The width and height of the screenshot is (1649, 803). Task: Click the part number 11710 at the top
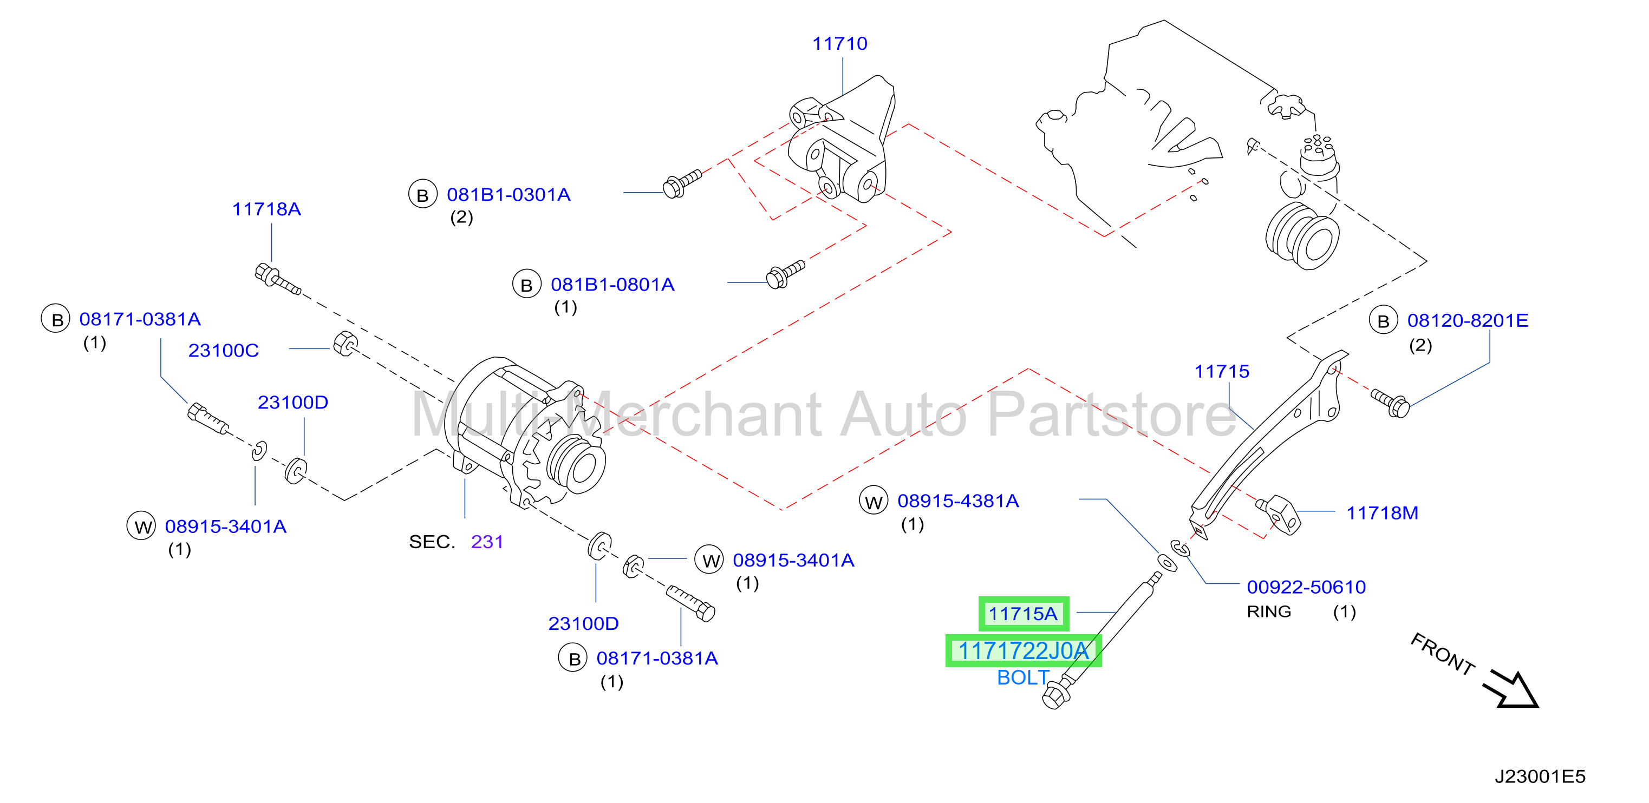click(x=839, y=43)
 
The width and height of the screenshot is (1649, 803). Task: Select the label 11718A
click(x=266, y=209)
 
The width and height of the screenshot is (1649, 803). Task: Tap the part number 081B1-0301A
click(x=509, y=194)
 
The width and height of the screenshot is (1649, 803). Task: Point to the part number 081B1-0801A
click(x=612, y=285)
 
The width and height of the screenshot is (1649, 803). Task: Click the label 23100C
click(x=224, y=351)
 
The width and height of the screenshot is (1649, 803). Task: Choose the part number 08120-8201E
click(x=1467, y=320)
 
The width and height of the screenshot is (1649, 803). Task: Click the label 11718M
click(x=1382, y=513)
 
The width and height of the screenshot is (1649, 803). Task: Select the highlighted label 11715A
click(x=1023, y=614)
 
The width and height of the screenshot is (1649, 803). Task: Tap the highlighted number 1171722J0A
click(x=1023, y=651)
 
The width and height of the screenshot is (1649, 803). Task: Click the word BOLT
click(x=1023, y=677)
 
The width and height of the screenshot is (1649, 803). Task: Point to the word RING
click(x=1269, y=611)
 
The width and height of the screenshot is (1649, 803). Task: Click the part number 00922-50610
click(x=1306, y=587)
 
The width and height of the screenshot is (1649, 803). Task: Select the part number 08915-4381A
click(x=957, y=501)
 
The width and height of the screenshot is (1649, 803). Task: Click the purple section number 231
click(x=487, y=542)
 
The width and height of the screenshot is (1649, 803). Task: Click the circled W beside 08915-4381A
click(x=873, y=502)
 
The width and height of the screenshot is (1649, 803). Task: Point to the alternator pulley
click(x=575, y=466)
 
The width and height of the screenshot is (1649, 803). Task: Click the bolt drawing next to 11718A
click(x=277, y=280)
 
